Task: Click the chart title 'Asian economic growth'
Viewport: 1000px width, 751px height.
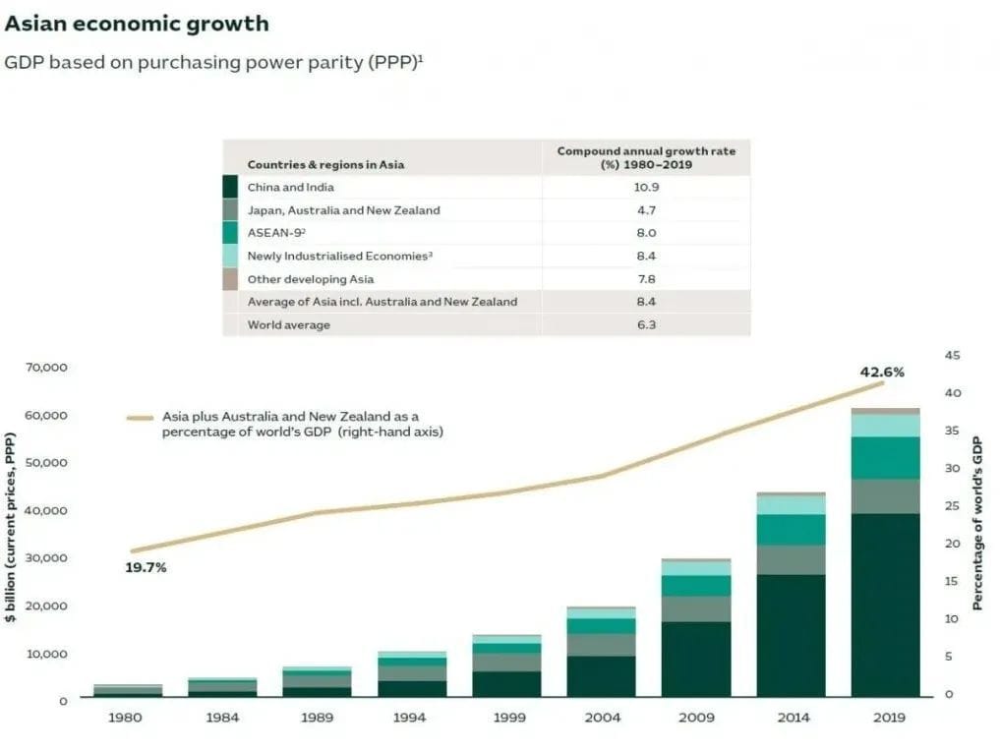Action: point(136,23)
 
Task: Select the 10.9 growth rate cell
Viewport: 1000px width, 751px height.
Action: point(645,187)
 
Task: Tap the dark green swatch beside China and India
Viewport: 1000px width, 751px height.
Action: point(230,187)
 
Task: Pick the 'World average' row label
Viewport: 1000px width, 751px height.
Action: point(288,324)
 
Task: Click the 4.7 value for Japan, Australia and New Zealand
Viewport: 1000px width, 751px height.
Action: point(645,210)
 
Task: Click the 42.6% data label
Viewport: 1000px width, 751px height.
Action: point(881,373)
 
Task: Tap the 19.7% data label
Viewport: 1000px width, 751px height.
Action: point(146,567)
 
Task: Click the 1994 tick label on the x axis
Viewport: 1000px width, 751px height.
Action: point(410,718)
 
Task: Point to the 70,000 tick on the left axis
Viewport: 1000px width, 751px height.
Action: point(46,368)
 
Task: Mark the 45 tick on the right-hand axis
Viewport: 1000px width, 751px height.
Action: point(952,355)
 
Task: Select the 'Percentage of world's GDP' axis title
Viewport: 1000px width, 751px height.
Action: point(977,524)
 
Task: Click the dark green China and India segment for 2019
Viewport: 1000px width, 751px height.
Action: point(885,605)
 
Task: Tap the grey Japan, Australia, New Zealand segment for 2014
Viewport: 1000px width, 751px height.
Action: point(791,559)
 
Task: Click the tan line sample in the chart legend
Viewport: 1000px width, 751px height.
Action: point(143,418)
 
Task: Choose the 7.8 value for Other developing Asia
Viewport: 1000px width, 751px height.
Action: point(645,279)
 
